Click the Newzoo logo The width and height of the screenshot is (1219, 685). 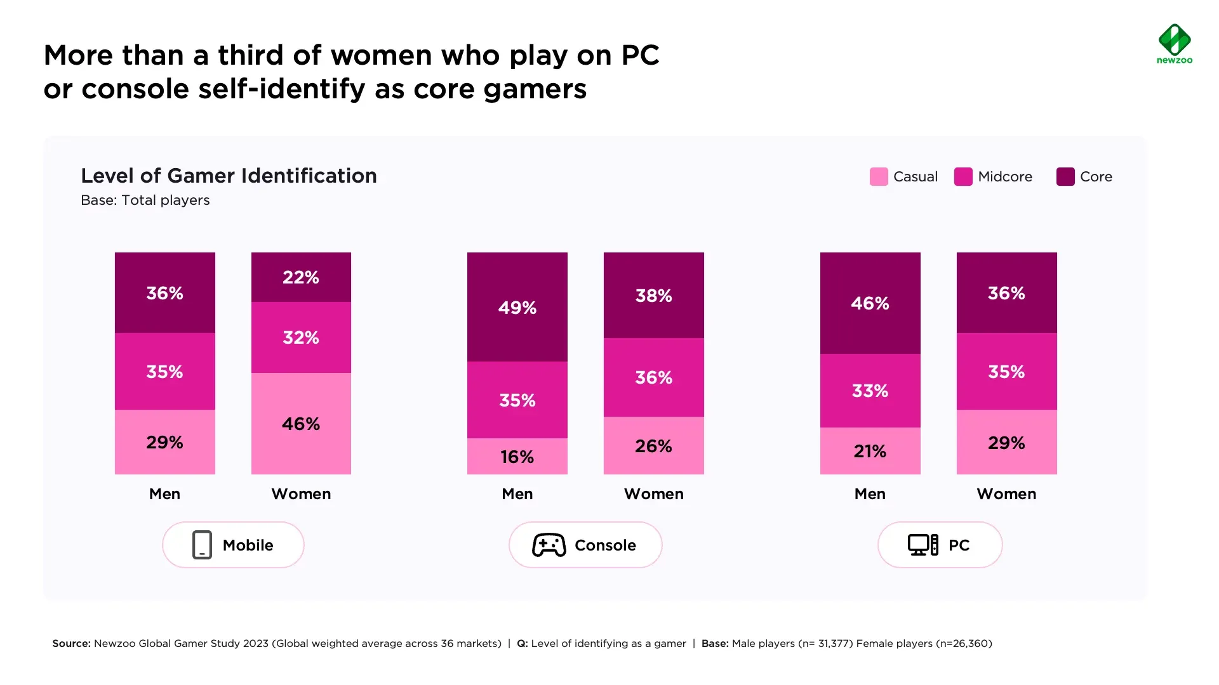click(x=1175, y=44)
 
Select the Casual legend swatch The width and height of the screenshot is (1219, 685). click(x=879, y=177)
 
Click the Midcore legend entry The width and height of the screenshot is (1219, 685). click(x=994, y=177)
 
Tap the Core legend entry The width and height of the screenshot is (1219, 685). click(x=1084, y=177)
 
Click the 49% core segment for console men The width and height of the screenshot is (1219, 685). click(x=517, y=308)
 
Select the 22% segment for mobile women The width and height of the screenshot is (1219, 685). click(x=301, y=277)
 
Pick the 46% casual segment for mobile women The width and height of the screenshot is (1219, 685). click(x=301, y=424)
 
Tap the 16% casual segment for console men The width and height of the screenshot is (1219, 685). click(x=517, y=457)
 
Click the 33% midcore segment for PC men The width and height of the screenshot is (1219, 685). click(x=870, y=391)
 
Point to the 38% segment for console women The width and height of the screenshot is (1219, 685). click(x=653, y=296)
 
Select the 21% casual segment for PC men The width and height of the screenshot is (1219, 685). click(x=870, y=451)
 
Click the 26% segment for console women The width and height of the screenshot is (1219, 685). click(x=653, y=446)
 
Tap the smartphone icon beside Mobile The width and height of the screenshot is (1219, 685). click(x=202, y=545)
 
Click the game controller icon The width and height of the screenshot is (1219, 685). click(x=549, y=545)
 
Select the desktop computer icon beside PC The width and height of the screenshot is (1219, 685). click(x=923, y=545)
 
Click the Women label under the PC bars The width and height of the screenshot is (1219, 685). click(x=1006, y=494)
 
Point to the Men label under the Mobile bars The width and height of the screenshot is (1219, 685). click(x=164, y=494)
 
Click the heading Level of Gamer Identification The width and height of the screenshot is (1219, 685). click(x=229, y=176)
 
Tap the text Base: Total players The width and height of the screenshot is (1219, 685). click(x=145, y=200)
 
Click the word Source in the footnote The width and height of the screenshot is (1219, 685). click(x=71, y=644)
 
